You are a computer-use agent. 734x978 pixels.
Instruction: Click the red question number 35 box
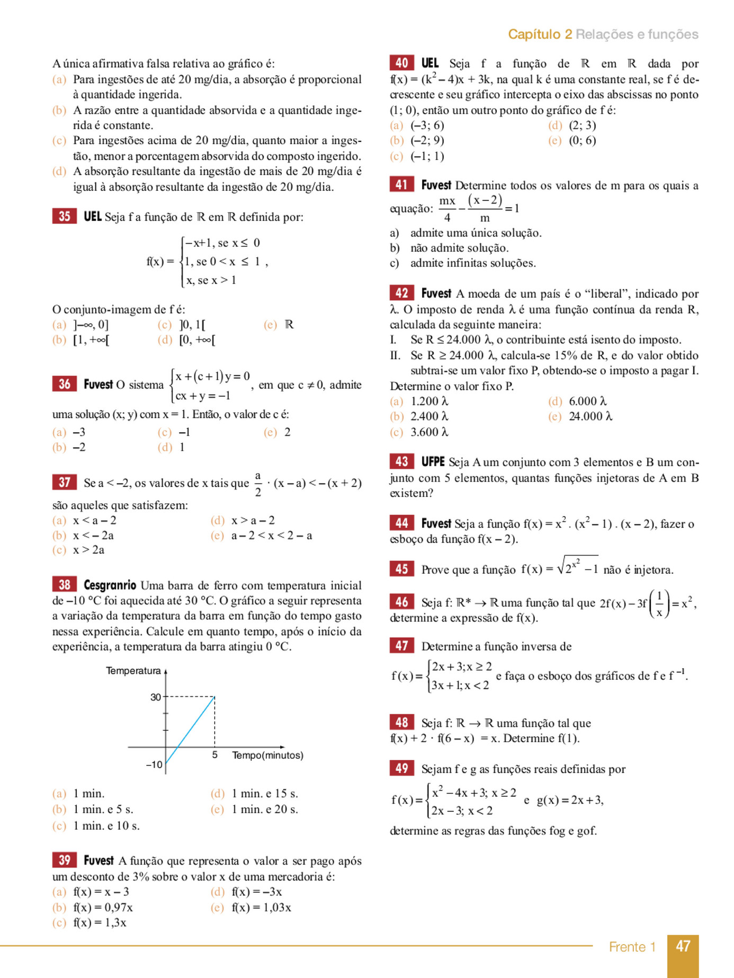64,216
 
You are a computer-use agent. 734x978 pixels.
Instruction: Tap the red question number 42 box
401,293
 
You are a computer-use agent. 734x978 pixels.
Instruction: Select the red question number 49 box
401,768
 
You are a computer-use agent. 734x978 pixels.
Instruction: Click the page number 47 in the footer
683,946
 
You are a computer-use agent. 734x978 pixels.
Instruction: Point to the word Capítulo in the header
533,34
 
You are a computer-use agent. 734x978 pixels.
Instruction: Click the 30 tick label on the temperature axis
155,697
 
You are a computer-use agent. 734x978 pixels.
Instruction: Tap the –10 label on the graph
154,764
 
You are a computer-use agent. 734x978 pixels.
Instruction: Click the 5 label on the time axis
214,755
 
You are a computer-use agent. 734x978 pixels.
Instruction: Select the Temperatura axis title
133,671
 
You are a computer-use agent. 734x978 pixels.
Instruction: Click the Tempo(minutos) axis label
267,755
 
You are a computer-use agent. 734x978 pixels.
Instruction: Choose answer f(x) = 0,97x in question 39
103,907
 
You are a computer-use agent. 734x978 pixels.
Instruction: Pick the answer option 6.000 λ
587,401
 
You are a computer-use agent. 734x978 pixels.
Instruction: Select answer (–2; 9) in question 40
427,140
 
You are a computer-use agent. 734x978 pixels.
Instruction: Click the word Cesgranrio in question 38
110,585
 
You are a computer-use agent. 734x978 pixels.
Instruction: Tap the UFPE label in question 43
433,461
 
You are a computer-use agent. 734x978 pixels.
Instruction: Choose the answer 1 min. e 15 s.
264,794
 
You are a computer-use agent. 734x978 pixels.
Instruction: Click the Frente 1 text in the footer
632,947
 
